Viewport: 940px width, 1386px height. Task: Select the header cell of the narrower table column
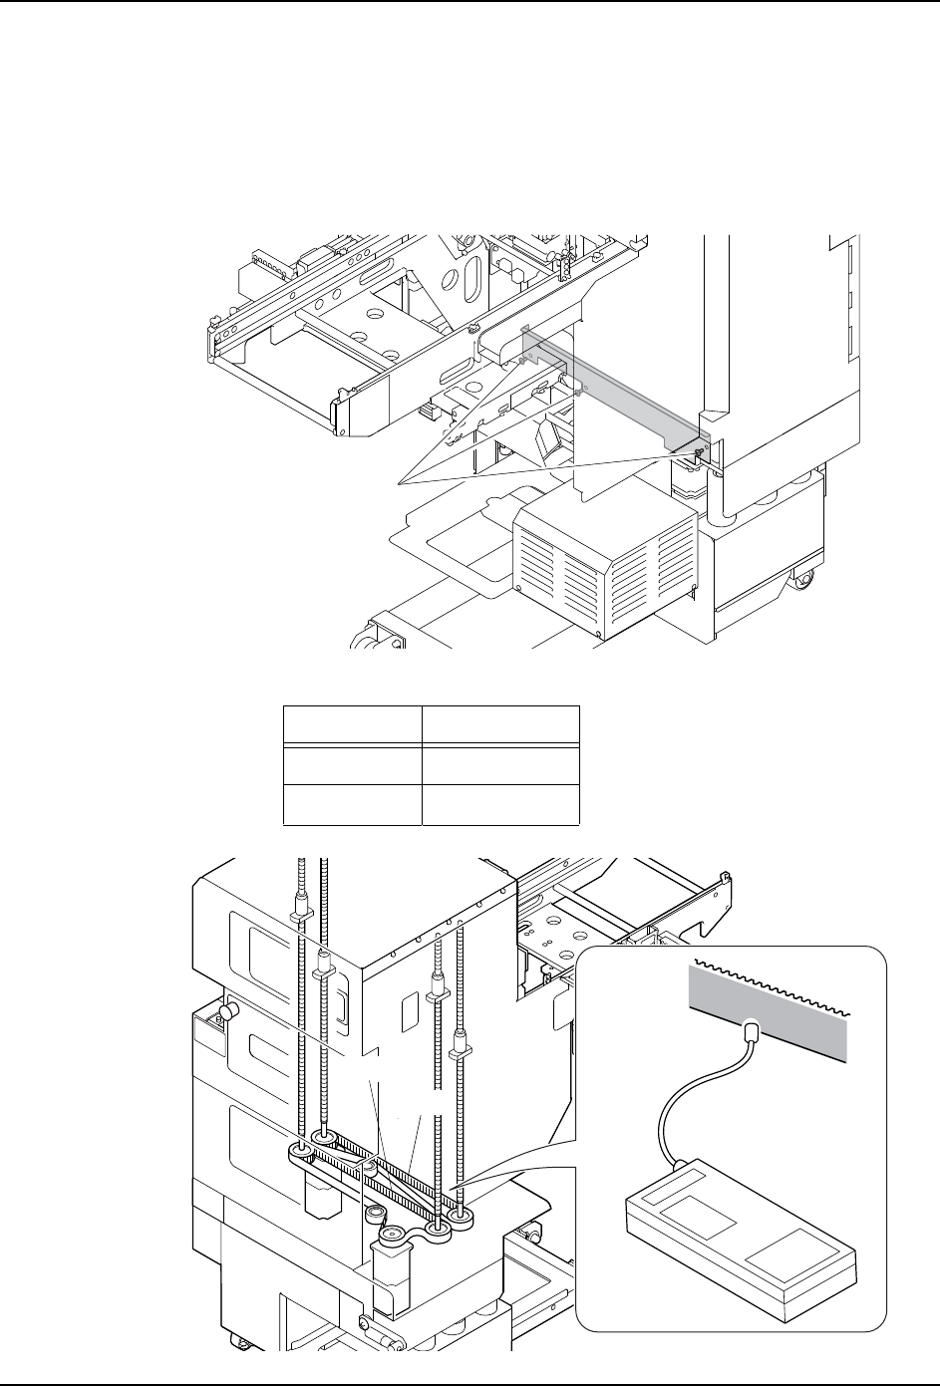coord(351,724)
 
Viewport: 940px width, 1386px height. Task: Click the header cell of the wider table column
coord(499,724)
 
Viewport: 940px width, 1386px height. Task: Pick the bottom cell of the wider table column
coord(499,805)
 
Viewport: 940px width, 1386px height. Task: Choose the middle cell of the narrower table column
coord(351,764)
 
